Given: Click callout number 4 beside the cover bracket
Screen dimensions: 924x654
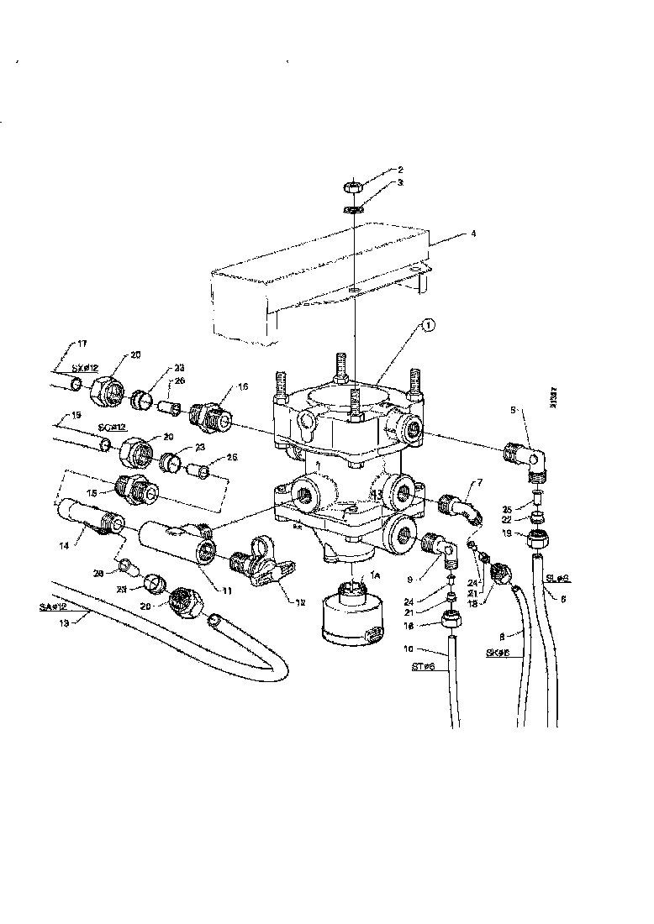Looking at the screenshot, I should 473,235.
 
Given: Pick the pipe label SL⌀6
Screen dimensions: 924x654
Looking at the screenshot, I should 559,579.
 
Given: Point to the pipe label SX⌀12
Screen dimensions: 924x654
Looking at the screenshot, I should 85,368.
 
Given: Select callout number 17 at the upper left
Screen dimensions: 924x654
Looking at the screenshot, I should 82,343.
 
